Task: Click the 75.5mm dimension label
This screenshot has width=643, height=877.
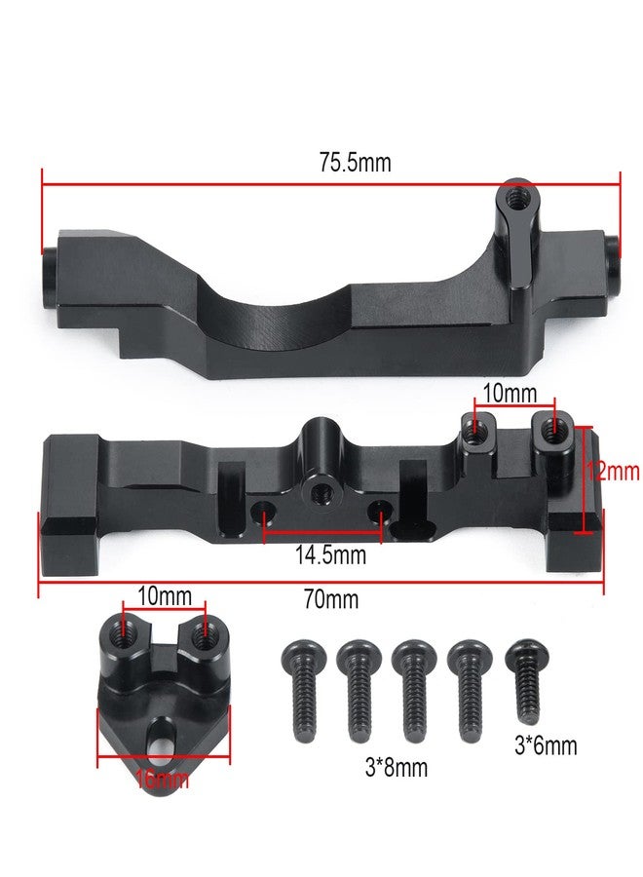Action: pyautogui.click(x=355, y=163)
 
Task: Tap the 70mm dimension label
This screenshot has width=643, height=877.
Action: pyautogui.click(x=331, y=599)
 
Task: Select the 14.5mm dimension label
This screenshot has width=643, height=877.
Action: pyautogui.click(x=330, y=554)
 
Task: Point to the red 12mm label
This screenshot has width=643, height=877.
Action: pyautogui.click(x=613, y=472)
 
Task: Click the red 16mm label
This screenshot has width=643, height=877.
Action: pyautogui.click(x=162, y=779)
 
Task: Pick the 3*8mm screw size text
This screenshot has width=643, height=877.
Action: pyautogui.click(x=397, y=767)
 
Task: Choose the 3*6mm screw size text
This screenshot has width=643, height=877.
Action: pyautogui.click(x=546, y=745)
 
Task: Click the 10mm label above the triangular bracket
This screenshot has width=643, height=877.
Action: pyautogui.click(x=165, y=596)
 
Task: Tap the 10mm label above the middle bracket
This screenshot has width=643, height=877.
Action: pyautogui.click(x=510, y=394)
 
